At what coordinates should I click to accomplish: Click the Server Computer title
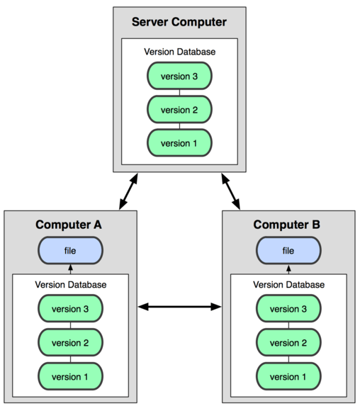pos(179,22)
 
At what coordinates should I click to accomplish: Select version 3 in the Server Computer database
pos(179,76)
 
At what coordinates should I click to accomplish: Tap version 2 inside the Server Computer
pos(179,110)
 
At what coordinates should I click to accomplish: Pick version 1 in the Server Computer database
pos(179,143)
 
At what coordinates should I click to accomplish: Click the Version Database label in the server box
pos(180,52)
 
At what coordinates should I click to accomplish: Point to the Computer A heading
pos(69,225)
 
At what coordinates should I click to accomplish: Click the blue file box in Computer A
pos(70,250)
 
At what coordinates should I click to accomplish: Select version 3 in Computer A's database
pos(70,309)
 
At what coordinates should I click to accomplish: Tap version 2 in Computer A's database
pos(70,342)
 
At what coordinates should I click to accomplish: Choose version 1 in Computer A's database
pos(70,376)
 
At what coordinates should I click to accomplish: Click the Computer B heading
pos(287,225)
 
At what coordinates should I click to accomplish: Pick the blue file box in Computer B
pos(288,250)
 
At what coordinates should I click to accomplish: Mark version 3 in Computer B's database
pos(288,309)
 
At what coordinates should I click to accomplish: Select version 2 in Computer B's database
pos(288,342)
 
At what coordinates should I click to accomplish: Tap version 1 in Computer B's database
pos(288,376)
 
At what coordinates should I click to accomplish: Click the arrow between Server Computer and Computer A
pos(128,191)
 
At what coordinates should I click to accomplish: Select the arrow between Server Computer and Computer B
pos(231,191)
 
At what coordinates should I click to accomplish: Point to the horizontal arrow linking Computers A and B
pos(179,307)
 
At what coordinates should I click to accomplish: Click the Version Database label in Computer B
pos(288,285)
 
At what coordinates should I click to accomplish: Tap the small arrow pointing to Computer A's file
pos(70,269)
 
